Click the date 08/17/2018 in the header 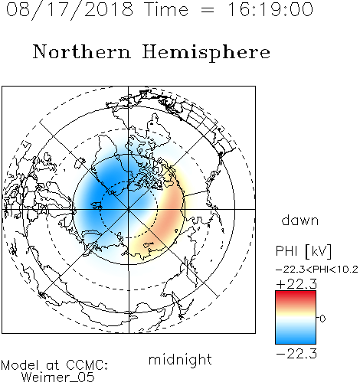point(70,10)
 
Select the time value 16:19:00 point(270,9)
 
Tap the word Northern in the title point(82,51)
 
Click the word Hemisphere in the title point(206,53)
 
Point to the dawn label point(300,220)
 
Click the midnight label point(180,360)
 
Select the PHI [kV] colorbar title point(303,251)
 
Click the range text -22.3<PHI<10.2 point(317,270)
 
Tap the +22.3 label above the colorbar point(296,284)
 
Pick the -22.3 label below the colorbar point(296,354)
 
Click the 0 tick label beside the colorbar point(322,319)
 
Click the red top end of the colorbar point(296,293)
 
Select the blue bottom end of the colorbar point(296,341)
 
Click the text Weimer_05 point(58,378)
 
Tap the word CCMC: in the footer point(87,365)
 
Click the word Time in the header point(166,9)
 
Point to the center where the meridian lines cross point(129,209)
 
